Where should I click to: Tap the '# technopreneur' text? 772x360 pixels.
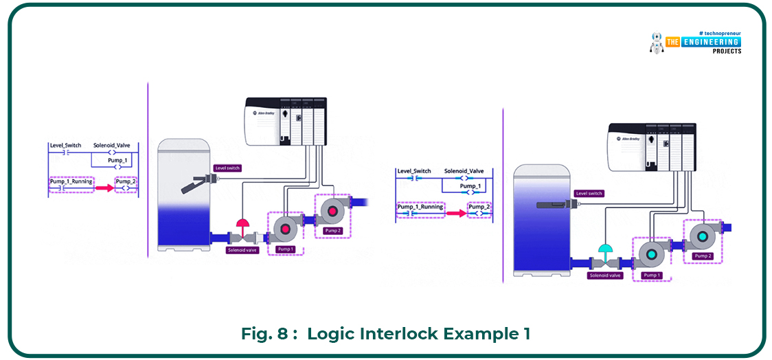(x=720, y=33)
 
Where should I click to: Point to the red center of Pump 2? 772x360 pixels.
(x=332, y=211)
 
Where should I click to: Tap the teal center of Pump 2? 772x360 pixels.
(x=701, y=237)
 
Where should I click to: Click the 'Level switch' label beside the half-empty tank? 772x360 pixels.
(x=227, y=168)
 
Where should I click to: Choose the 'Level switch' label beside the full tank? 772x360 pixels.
(x=589, y=194)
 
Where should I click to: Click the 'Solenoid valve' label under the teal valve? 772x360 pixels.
(x=605, y=275)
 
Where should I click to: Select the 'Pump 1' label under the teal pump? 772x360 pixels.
(x=650, y=275)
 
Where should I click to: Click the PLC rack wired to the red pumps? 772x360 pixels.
(x=286, y=122)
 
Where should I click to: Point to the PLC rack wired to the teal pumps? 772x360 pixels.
(x=652, y=148)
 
